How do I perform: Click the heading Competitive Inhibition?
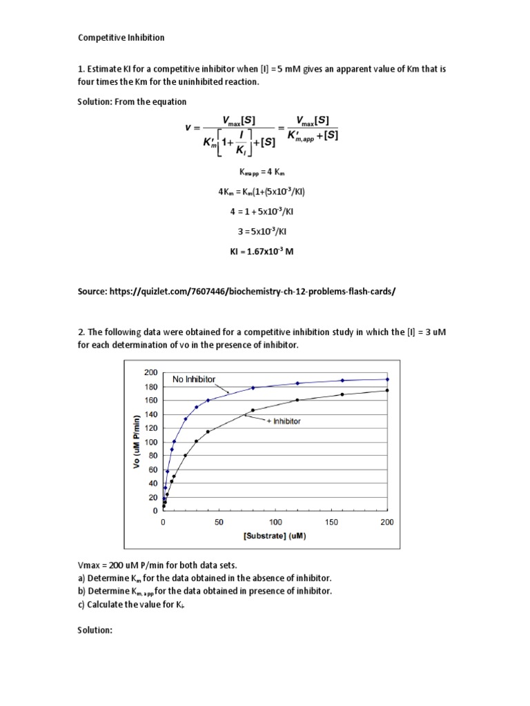pyautogui.click(x=121, y=37)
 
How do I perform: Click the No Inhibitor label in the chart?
pyautogui.click(x=194, y=379)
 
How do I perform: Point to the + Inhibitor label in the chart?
pyautogui.click(x=284, y=421)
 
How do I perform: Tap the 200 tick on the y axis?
pyautogui.click(x=151, y=372)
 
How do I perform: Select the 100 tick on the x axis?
pyautogui.click(x=275, y=523)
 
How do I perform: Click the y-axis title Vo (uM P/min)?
pyautogui.click(x=137, y=441)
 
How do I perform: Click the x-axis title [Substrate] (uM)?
pyautogui.click(x=275, y=534)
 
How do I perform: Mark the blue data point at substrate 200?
pyautogui.click(x=387, y=379)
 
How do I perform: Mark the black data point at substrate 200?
pyautogui.click(x=387, y=390)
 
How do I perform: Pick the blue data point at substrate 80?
pyautogui.click(x=253, y=387)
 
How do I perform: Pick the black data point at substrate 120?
pyautogui.click(x=297, y=400)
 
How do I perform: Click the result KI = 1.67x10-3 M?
pyautogui.click(x=262, y=252)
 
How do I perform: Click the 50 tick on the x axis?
pyautogui.click(x=219, y=523)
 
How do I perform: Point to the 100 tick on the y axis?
pyautogui.click(x=151, y=441)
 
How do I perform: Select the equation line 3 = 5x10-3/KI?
pyautogui.click(x=262, y=232)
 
